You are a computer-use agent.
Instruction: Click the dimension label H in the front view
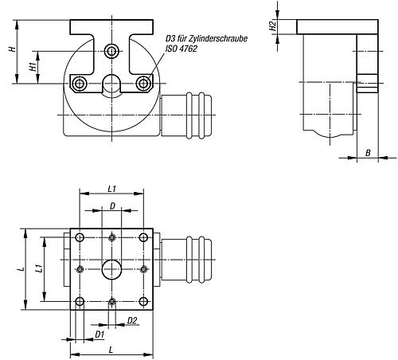(12, 49)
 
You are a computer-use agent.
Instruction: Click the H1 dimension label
(33, 67)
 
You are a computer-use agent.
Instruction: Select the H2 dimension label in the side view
(273, 26)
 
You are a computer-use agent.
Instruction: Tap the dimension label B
(368, 153)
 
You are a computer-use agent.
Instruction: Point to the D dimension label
(112, 206)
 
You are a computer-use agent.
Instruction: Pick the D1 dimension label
(99, 335)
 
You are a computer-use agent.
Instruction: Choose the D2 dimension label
(132, 321)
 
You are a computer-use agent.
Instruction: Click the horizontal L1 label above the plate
(111, 189)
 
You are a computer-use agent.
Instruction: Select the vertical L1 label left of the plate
(39, 268)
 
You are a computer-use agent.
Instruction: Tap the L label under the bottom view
(111, 350)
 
